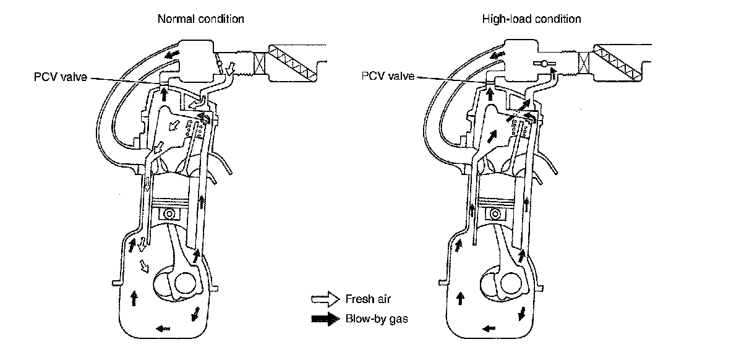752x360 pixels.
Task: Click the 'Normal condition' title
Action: (200, 19)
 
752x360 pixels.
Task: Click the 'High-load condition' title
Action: (531, 19)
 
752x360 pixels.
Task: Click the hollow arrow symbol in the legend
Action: (325, 299)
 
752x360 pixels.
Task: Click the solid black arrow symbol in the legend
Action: (325, 319)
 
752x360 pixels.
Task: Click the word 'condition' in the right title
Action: (558, 19)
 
